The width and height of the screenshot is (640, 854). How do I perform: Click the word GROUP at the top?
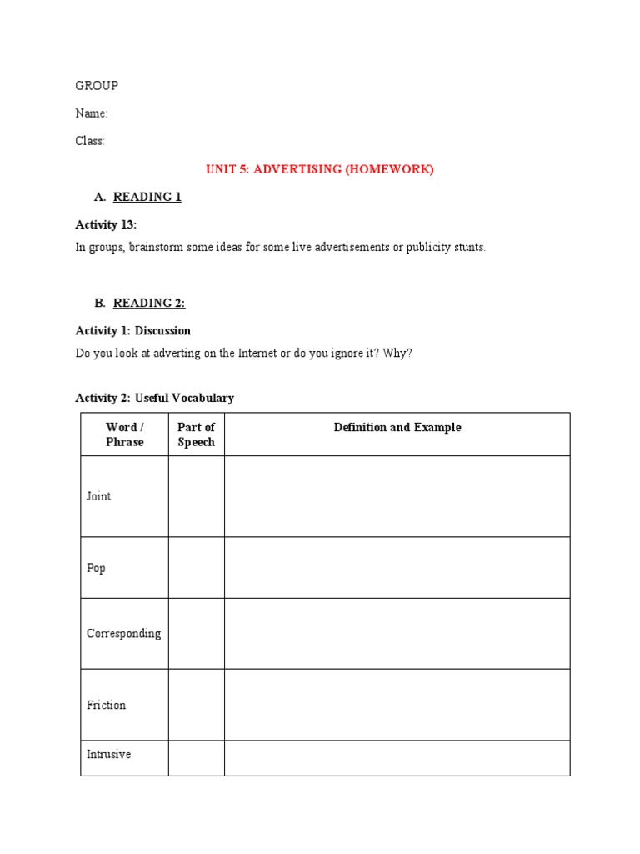[97, 86]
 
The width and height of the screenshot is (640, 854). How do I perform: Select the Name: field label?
[92, 113]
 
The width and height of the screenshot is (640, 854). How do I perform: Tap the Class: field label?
[90, 141]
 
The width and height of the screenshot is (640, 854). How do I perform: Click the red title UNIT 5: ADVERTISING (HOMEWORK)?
[320, 169]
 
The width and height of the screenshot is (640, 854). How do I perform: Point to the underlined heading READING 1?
[147, 197]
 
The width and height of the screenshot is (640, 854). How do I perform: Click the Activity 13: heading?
[106, 224]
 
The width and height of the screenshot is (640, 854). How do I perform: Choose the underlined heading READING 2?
[149, 303]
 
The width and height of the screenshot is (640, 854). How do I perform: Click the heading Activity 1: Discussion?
[133, 330]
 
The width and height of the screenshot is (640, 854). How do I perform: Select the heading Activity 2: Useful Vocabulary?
[155, 398]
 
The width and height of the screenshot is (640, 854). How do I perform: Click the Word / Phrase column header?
[125, 435]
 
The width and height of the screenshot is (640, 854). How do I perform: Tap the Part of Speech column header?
[197, 435]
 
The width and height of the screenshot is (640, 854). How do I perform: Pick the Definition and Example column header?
[397, 428]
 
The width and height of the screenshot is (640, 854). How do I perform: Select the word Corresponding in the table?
[124, 633]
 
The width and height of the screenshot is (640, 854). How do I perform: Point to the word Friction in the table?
[107, 705]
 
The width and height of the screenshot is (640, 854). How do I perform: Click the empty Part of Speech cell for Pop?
[197, 568]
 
